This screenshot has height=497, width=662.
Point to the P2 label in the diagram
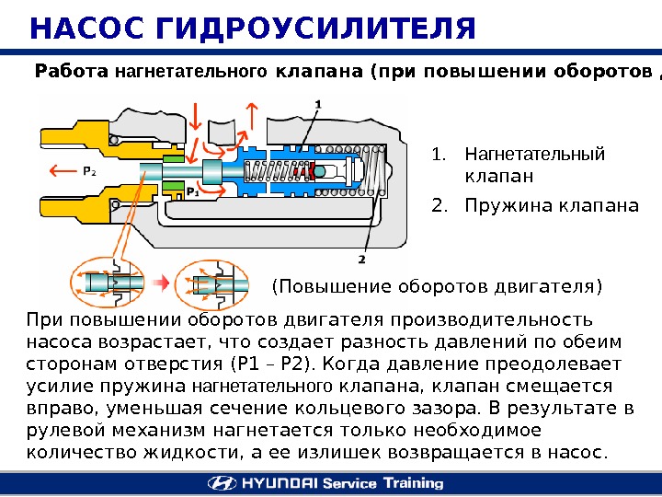pyautogui.click(x=89, y=170)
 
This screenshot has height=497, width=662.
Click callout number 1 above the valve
pyautogui.click(x=317, y=106)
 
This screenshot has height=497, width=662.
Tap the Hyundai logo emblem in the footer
pyautogui.click(x=223, y=483)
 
